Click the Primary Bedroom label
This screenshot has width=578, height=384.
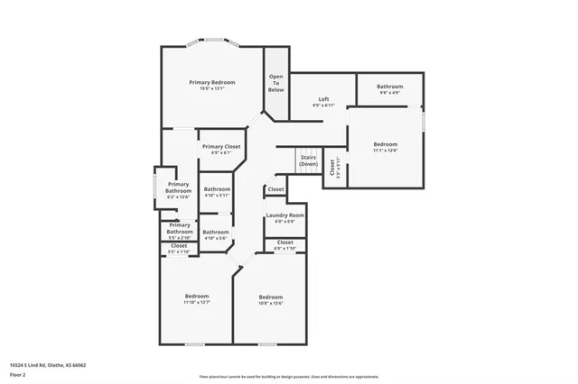(211, 83)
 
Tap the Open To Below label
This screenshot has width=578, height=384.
(275, 83)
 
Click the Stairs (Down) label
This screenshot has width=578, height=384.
(309, 160)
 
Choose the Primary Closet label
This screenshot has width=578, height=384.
(220, 147)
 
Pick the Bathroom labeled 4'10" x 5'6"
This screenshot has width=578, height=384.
(216, 233)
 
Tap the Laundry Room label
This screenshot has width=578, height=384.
(284, 216)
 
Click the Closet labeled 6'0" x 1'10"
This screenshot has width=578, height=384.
(284, 243)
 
